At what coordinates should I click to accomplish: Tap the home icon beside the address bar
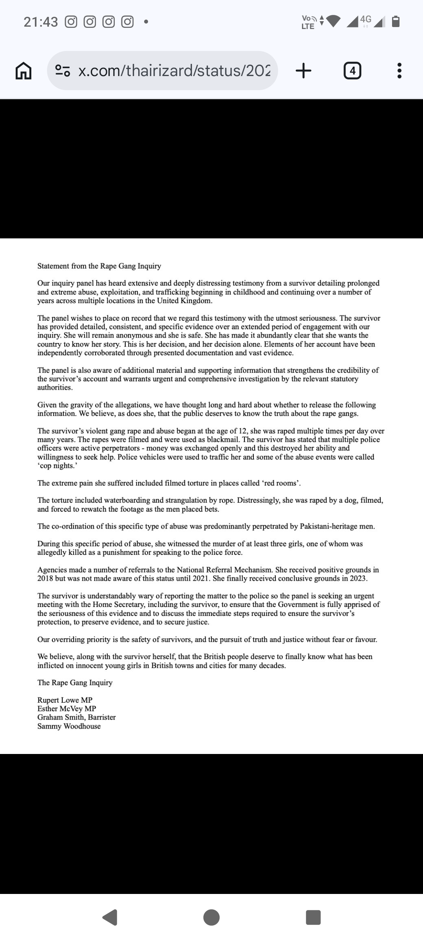point(23,71)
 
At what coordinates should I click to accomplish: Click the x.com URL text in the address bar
point(174,71)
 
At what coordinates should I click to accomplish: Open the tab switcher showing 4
point(352,71)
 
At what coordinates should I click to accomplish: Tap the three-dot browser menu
point(399,71)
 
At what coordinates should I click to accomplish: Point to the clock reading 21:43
point(41,22)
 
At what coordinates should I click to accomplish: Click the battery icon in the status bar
point(396,22)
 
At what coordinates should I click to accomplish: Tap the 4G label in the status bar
point(365,19)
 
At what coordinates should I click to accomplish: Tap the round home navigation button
point(211,917)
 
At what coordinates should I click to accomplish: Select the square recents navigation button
point(313,917)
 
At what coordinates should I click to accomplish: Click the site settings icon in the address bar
point(63,71)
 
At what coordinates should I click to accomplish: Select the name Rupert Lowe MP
point(65,700)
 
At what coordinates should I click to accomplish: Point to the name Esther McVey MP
point(67,708)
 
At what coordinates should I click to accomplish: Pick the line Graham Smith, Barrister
point(76,717)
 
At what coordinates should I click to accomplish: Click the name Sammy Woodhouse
point(69,726)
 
